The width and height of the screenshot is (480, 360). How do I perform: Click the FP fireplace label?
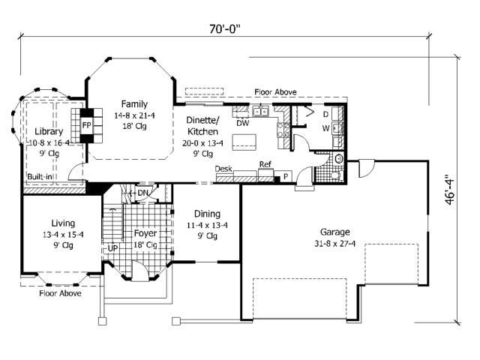pyautogui.click(x=87, y=124)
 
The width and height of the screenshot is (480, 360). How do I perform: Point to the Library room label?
pyautogui.click(x=48, y=131)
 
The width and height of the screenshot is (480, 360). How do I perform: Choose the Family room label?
pyautogui.click(x=135, y=104)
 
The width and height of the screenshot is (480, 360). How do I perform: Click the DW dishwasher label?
pyautogui.click(x=242, y=124)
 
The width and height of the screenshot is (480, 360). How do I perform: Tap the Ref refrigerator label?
pyautogui.click(x=265, y=164)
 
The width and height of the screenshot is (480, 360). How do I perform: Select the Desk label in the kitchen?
pyautogui.click(x=223, y=169)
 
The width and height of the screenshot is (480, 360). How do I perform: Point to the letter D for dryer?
pyautogui.click(x=325, y=114)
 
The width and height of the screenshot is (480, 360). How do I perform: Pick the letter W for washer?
pyautogui.click(x=325, y=128)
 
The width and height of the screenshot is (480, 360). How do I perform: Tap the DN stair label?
pyautogui.click(x=142, y=193)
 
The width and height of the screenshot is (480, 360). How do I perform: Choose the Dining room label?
pyautogui.click(x=207, y=214)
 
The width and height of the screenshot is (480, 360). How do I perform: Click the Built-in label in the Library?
pyautogui.click(x=40, y=177)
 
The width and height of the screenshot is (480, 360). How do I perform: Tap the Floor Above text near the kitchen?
pyautogui.click(x=275, y=92)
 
